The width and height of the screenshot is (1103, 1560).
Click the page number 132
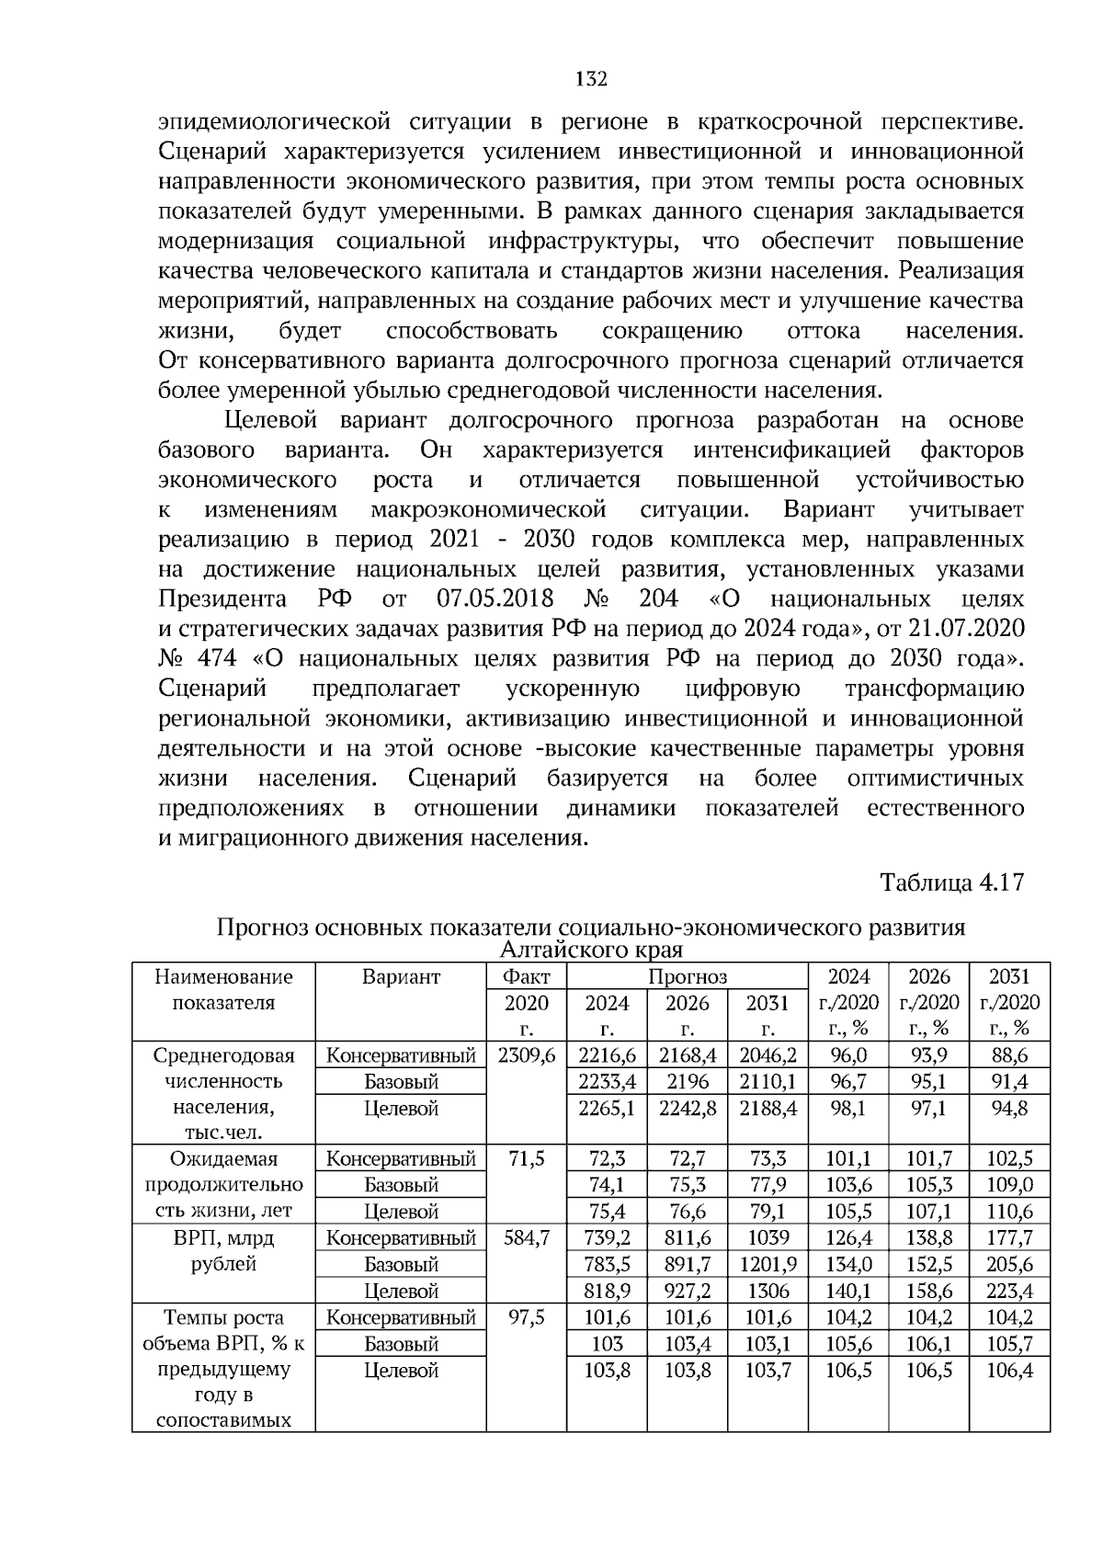click(592, 79)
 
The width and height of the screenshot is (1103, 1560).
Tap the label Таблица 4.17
click(951, 882)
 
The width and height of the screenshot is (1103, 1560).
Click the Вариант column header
click(401, 976)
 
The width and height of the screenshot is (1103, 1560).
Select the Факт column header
click(526, 976)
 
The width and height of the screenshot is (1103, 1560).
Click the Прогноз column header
click(687, 976)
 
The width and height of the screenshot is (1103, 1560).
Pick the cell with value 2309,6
click(526, 1055)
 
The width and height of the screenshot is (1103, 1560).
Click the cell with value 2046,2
click(768, 1055)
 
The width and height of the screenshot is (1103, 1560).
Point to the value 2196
click(687, 1082)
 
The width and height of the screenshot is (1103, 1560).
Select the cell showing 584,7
click(526, 1238)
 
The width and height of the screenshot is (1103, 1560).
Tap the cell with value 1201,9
click(768, 1265)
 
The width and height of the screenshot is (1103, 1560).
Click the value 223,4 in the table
click(1009, 1292)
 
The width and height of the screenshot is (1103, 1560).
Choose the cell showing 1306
click(768, 1292)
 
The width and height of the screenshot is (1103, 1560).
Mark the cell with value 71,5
click(526, 1159)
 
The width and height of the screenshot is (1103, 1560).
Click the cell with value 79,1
click(768, 1213)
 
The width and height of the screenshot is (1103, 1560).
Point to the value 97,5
click(526, 1318)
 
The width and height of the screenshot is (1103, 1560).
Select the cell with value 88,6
click(1009, 1055)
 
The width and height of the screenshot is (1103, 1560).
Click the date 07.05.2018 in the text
click(491, 599)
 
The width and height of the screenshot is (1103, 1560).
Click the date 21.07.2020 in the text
click(966, 629)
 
